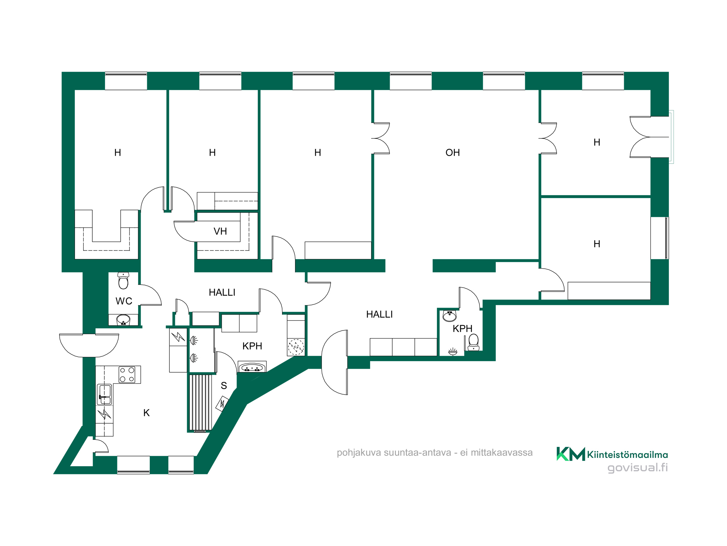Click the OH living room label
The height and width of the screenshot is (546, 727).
[x=453, y=153]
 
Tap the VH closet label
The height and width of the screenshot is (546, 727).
[x=220, y=231]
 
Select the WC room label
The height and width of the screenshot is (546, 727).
[x=124, y=301]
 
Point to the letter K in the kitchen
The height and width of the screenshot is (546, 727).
[x=146, y=413]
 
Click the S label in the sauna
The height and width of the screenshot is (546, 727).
[x=224, y=385]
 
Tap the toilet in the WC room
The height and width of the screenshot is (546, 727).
[x=123, y=280]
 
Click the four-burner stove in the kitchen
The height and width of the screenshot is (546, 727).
[x=127, y=375]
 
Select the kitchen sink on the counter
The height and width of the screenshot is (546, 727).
[x=105, y=395]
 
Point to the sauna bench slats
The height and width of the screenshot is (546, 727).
[x=200, y=403]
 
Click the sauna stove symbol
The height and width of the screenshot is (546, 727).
[x=222, y=404]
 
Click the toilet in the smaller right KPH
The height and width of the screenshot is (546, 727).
[x=473, y=342]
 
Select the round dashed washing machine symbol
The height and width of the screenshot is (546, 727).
[x=296, y=347]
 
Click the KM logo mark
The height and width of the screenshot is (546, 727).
[x=571, y=454]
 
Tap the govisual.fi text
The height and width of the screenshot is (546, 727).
[x=638, y=468]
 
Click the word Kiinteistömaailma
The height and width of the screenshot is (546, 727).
[x=627, y=455]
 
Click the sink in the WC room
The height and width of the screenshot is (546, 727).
[x=123, y=320]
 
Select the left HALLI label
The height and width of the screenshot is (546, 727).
[x=222, y=292]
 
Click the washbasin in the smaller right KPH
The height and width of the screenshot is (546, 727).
[x=450, y=316]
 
